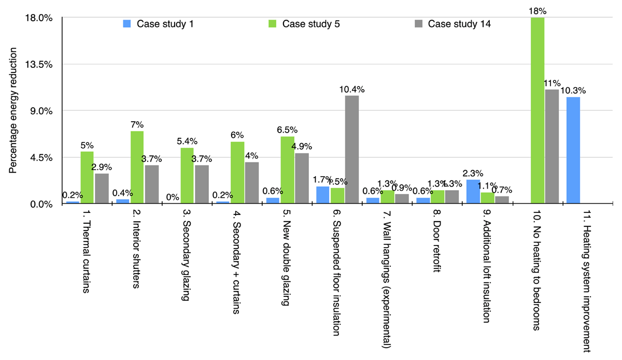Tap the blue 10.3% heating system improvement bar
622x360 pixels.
pos(573,150)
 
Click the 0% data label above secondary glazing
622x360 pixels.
pos(172,197)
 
